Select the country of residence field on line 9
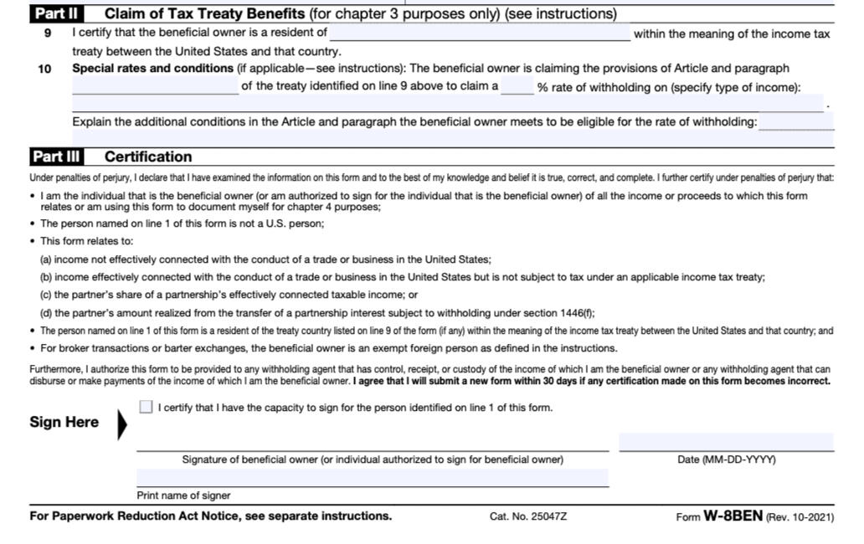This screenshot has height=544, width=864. (480, 33)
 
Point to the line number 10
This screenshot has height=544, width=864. (44, 69)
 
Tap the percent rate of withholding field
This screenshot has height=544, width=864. (517, 86)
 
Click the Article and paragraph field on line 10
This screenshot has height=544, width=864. (155, 86)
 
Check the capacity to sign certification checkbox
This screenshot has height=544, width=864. (147, 408)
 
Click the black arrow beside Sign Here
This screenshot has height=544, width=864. (122, 424)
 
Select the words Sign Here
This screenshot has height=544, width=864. (64, 422)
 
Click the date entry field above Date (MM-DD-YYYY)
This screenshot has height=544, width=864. (726, 442)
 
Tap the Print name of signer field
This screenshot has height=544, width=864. (373, 478)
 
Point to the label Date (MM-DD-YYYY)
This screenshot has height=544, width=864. (726, 459)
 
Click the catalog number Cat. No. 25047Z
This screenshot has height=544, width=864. (527, 516)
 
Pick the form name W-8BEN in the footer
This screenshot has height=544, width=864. (733, 516)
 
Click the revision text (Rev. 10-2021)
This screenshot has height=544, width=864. (800, 517)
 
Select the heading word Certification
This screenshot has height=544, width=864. (148, 157)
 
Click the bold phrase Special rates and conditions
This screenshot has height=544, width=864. (152, 69)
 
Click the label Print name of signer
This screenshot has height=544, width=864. (183, 495)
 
